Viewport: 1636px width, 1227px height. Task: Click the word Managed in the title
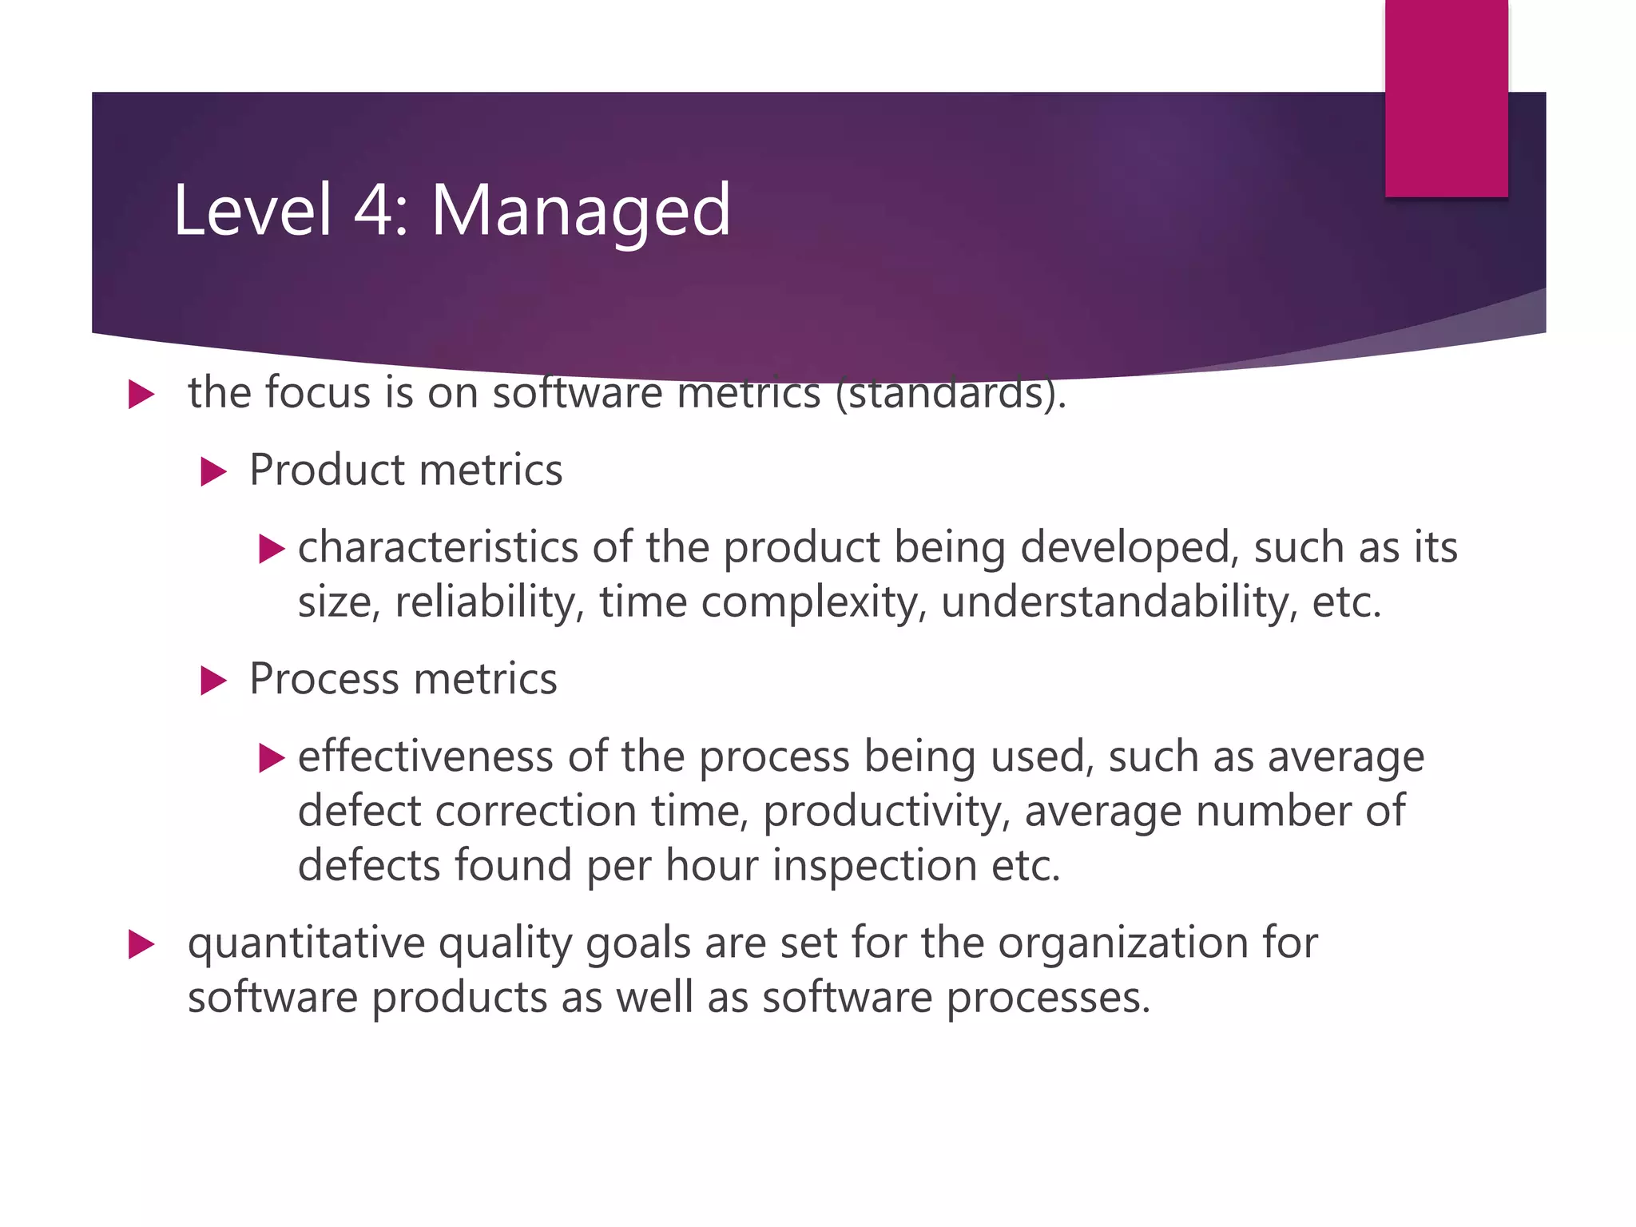pos(581,211)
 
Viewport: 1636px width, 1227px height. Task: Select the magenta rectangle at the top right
pos(1446,97)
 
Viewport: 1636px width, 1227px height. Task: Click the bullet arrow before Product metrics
pos(213,471)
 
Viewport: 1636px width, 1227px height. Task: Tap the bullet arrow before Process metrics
pos(213,681)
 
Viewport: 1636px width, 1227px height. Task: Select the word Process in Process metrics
pos(324,679)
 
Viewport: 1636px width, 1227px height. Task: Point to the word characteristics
pos(438,548)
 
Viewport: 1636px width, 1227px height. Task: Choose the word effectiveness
pos(425,756)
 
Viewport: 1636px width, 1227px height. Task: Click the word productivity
pos(886,812)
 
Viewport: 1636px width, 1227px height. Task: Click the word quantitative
pos(306,943)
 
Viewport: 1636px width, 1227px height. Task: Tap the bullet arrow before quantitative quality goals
pos(141,945)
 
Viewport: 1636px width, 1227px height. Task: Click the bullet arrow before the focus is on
pos(141,395)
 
